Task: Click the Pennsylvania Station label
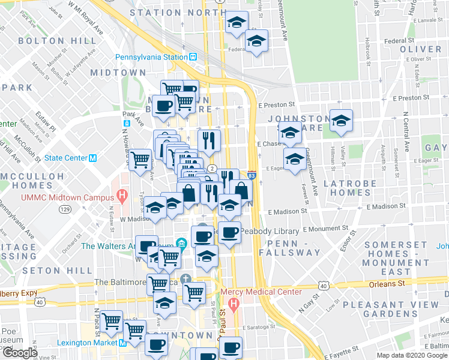[152, 58]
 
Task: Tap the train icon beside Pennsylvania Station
[193, 58]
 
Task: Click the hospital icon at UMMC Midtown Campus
[122, 195]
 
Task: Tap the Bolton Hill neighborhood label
[57, 41]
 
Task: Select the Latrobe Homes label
[350, 188]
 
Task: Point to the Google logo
[19, 353]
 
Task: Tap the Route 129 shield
[65, 209]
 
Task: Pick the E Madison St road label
[288, 211]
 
